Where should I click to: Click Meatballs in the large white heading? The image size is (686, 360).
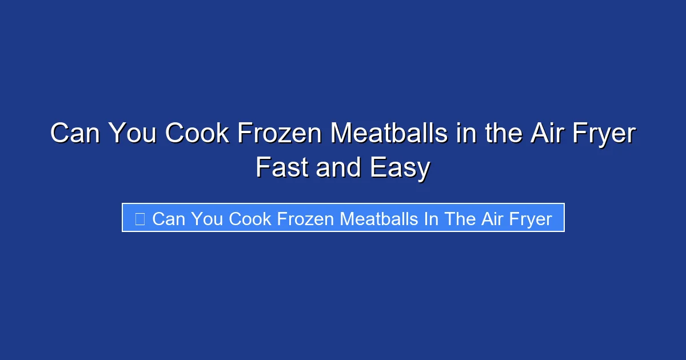tap(389, 134)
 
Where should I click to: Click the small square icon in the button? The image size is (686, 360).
tap(139, 218)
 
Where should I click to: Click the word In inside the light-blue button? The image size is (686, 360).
tap(430, 218)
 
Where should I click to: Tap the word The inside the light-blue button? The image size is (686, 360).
tap(458, 218)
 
